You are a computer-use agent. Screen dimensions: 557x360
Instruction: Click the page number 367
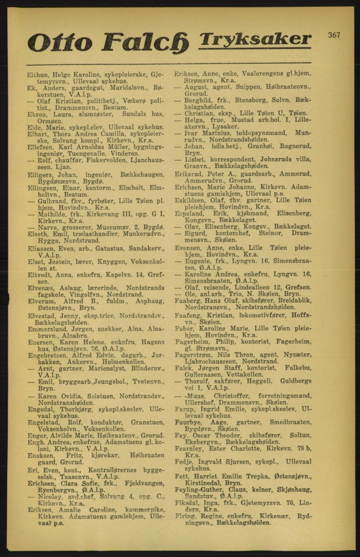pyautogui.click(x=334, y=35)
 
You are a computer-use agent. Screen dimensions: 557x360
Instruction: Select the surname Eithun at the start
pyautogui.click(x=38, y=75)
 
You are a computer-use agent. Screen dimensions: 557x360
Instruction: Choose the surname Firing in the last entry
pyautogui.click(x=185, y=516)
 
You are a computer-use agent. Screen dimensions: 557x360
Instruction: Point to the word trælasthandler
pyautogui.click(x=96, y=234)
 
